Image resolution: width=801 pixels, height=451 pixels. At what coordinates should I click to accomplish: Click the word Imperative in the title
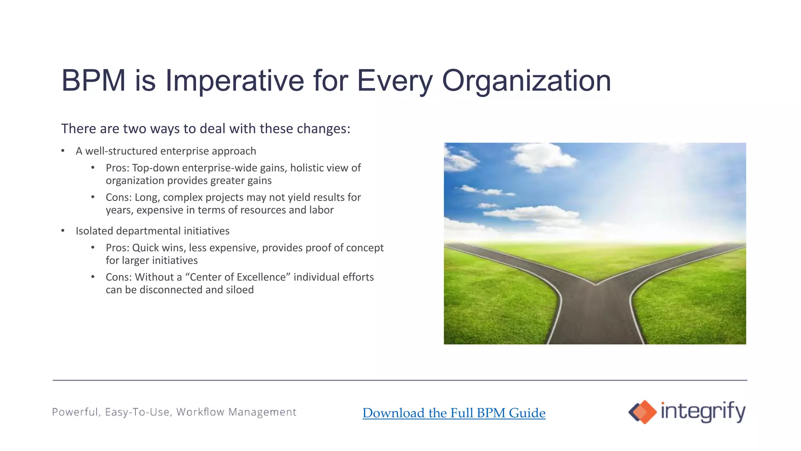(x=234, y=81)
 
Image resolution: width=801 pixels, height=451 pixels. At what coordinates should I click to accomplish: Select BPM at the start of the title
(x=93, y=81)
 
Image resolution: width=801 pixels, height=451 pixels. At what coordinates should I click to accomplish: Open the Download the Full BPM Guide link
(x=454, y=413)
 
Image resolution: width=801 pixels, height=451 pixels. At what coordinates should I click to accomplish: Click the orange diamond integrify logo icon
(x=642, y=412)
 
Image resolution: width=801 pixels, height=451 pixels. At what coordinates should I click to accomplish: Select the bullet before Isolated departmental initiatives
(x=63, y=231)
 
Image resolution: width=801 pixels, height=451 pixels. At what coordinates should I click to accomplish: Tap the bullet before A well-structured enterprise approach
(x=63, y=151)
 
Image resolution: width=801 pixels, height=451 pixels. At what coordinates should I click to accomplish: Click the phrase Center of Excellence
(x=240, y=277)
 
